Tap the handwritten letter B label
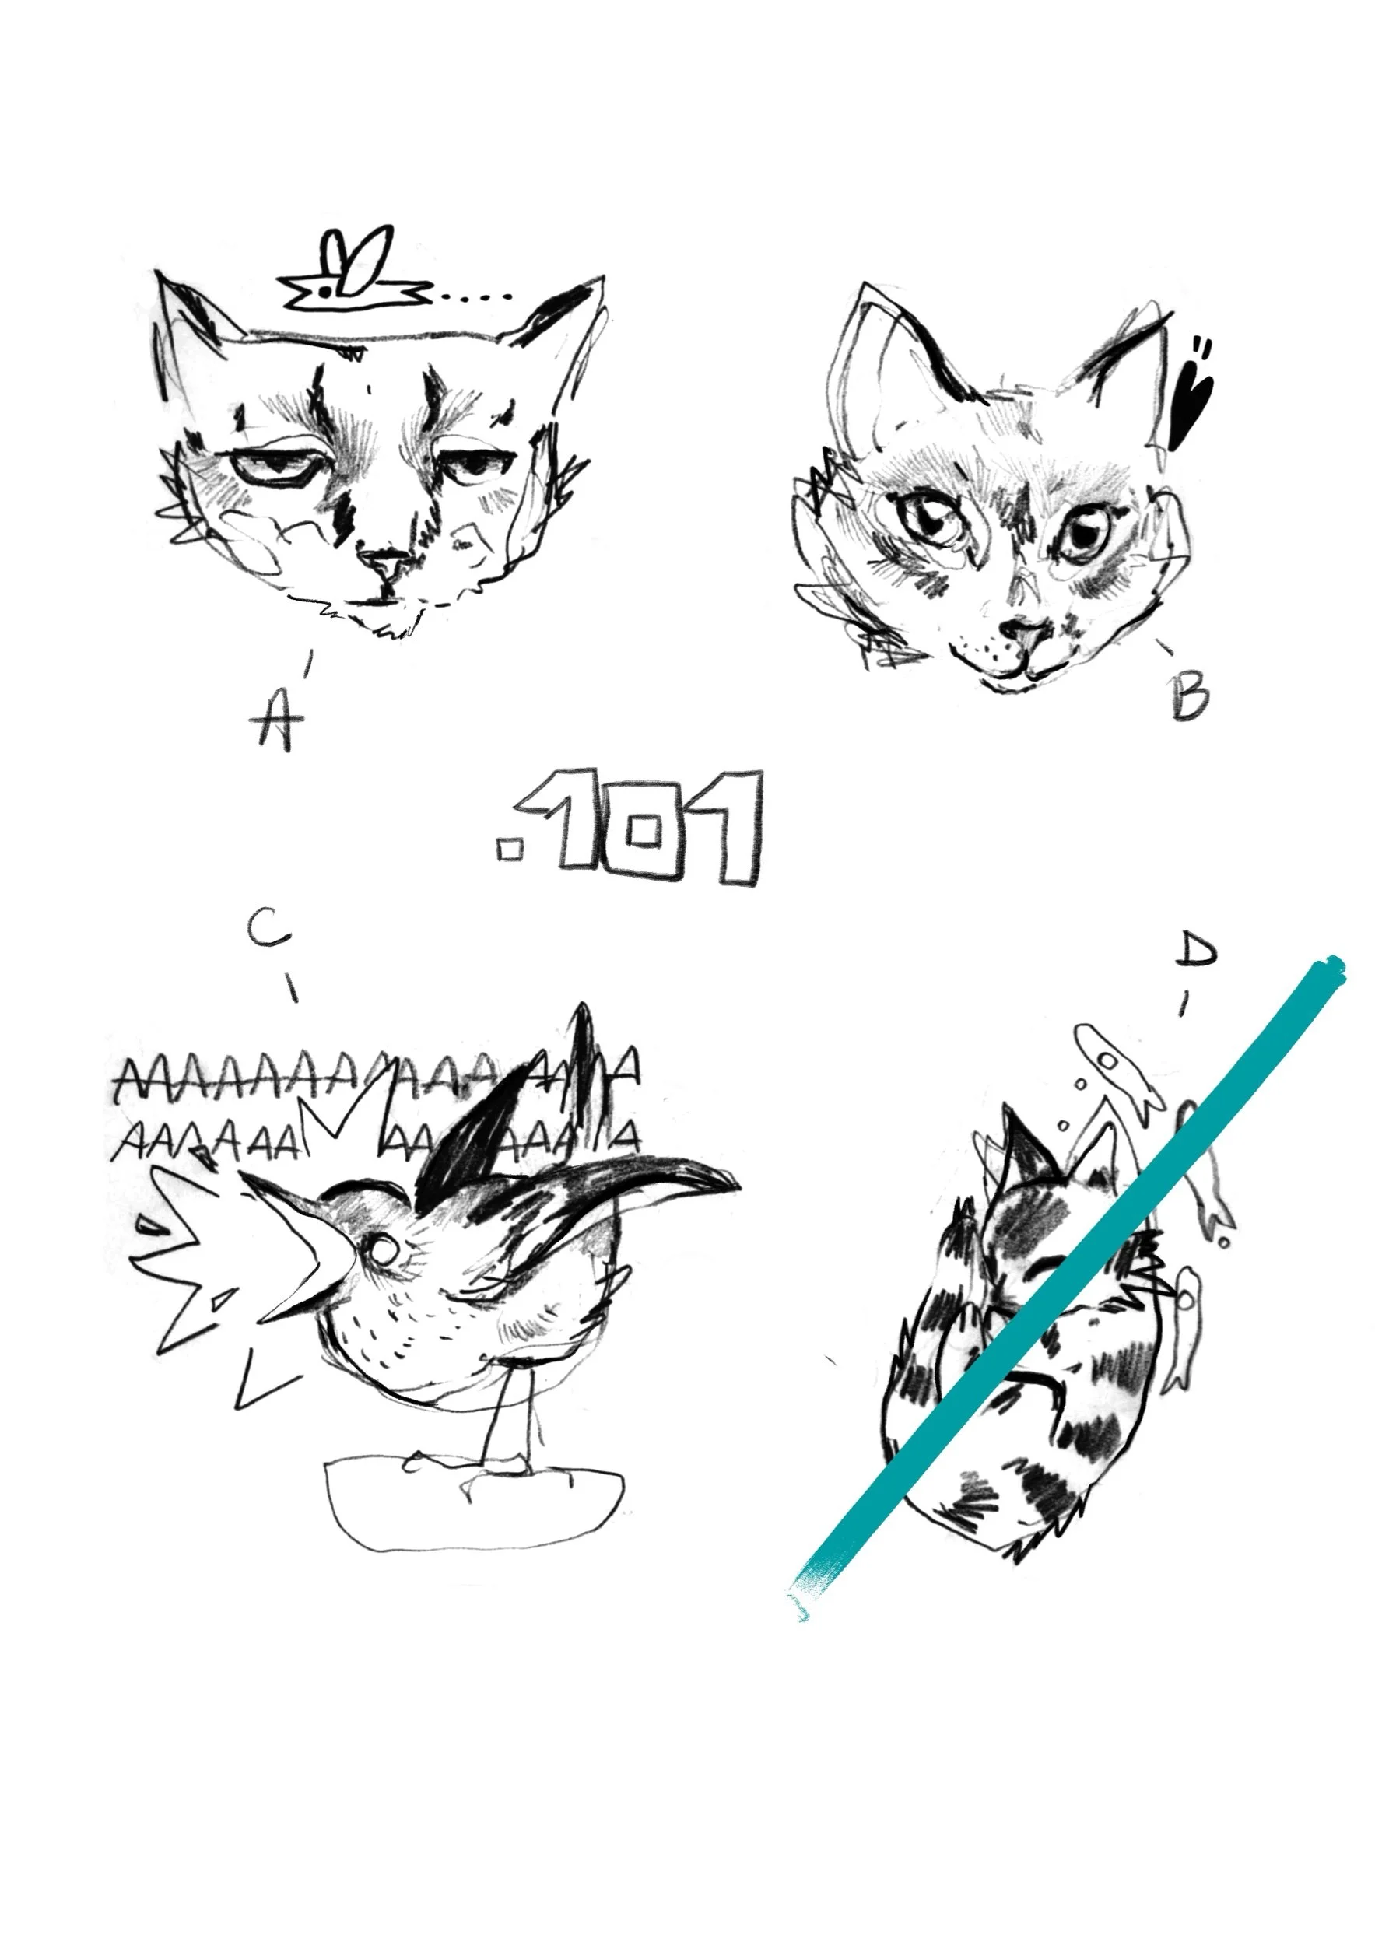pyautogui.click(x=1191, y=696)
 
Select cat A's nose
pyautogui.click(x=383, y=561)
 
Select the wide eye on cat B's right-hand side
pyautogui.click(x=1085, y=533)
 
